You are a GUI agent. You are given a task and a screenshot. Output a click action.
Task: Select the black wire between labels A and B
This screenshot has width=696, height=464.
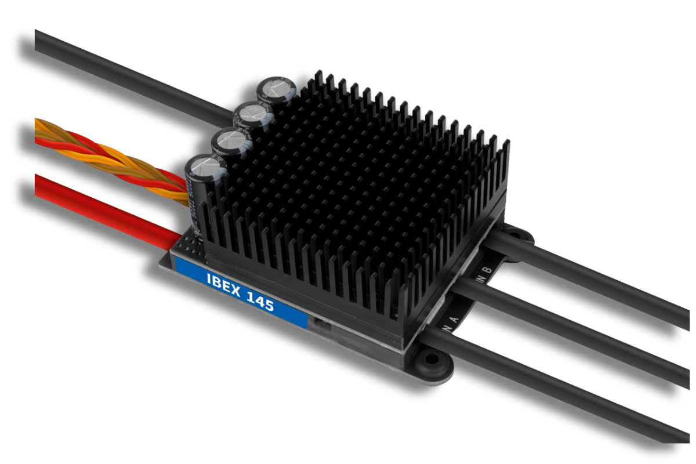pos(580,325)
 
